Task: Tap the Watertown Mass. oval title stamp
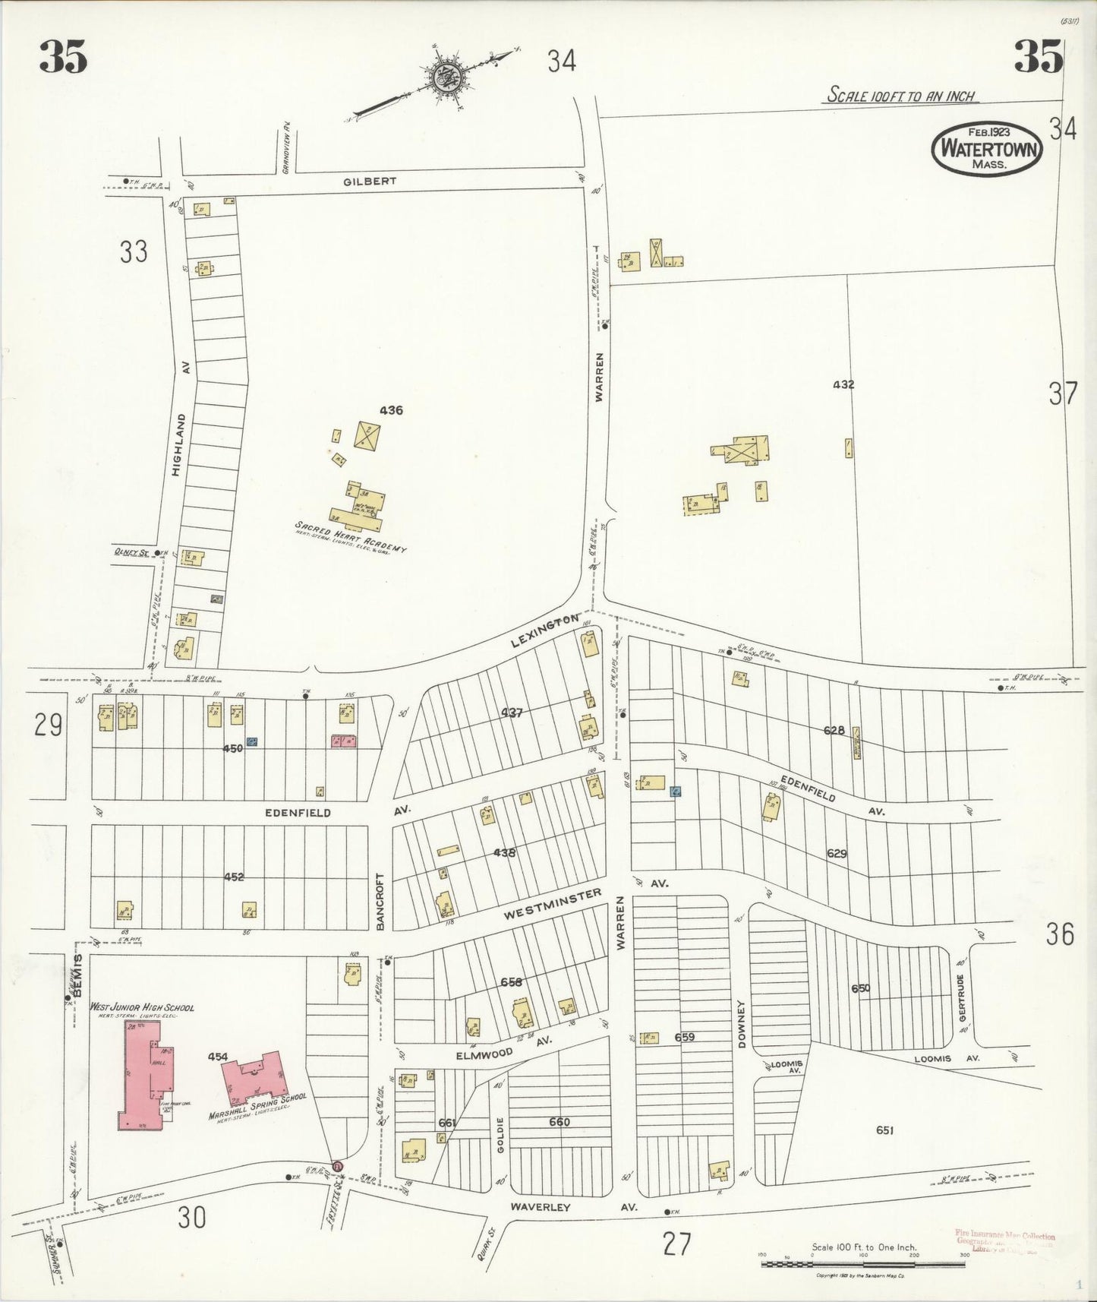pos(987,148)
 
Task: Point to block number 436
pos(391,410)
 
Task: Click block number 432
pos(843,384)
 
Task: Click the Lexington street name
pos(545,631)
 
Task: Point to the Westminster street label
pos(553,905)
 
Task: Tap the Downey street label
pos(742,1024)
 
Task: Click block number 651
pos(884,1130)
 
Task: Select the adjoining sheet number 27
pos(676,1244)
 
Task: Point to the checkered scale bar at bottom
pos(863,1263)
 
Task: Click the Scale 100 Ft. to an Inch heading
pos(900,96)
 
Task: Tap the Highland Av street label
pos(178,433)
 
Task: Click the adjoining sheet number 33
pos(134,251)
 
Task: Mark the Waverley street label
pos(540,1206)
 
